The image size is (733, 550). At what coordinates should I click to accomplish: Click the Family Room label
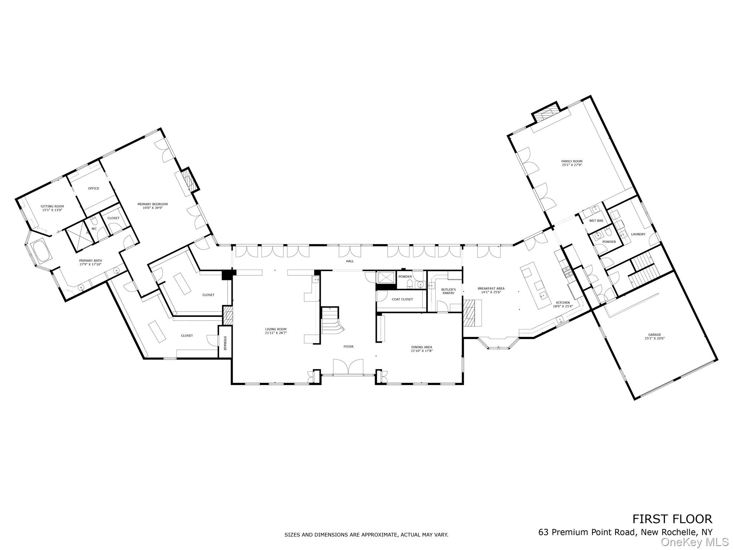[572, 161]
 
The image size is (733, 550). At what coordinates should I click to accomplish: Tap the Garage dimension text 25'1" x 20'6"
[655, 338]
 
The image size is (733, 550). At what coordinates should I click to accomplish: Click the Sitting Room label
[52, 206]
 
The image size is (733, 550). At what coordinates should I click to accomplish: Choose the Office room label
[94, 188]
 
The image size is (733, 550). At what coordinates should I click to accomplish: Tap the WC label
[94, 228]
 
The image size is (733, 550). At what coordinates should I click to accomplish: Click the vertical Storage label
[225, 343]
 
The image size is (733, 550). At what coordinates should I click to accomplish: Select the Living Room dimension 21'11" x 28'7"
[276, 333]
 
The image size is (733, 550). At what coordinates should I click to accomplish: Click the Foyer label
[348, 347]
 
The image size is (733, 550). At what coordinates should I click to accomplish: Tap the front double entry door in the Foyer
[348, 367]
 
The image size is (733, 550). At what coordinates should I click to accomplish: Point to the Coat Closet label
[402, 299]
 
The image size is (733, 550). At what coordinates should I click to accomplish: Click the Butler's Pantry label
[448, 291]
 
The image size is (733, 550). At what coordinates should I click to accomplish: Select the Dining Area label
[422, 347]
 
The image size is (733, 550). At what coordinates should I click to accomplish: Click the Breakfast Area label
[491, 288]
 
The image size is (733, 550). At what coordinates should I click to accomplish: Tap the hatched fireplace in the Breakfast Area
[472, 313]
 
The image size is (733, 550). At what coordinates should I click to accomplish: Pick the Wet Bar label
[596, 221]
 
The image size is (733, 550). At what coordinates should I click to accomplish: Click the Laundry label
[638, 234]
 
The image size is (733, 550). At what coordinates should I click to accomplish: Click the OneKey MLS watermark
[694, 542]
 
